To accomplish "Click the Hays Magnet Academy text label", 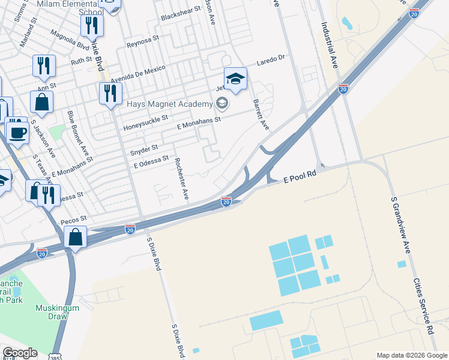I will [x=170, y=104].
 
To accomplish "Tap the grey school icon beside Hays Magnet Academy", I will [x=222, y=104].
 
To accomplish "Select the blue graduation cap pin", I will [x=235, y=79].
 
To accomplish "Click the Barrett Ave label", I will [x=260, y=114].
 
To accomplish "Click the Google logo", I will [x=20, y=353].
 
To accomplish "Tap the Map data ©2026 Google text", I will [x=411, y=355].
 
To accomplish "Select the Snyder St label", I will [x=144, y=148].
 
